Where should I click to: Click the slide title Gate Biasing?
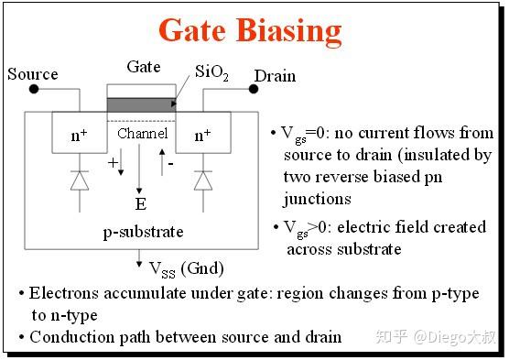click(x=250, y=30)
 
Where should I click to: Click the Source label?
click(x=33, y=74)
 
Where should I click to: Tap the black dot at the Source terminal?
click(x=34, y=91)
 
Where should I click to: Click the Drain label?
click(x=276, y=74)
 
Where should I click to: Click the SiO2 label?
click(x=212, y=71)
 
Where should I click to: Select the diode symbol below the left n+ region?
click(x=80, y=181)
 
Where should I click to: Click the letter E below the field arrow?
click(x=140, y=203)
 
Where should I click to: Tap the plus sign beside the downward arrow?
click(x=114, y=163)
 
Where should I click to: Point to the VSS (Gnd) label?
click(x=186, y=268)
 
